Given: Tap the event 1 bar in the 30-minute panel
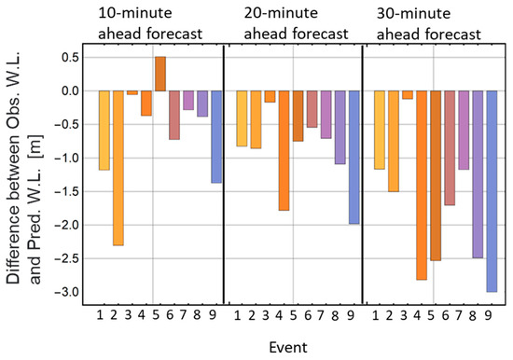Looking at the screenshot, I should tap(379, 130).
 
